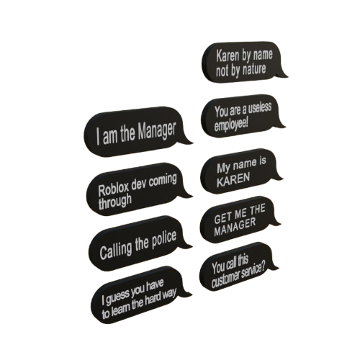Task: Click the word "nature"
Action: tap(254, 68)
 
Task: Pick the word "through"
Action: tap(114, 202)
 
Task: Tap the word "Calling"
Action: tap(116, 250)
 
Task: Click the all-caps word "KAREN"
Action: tap(233, 180)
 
